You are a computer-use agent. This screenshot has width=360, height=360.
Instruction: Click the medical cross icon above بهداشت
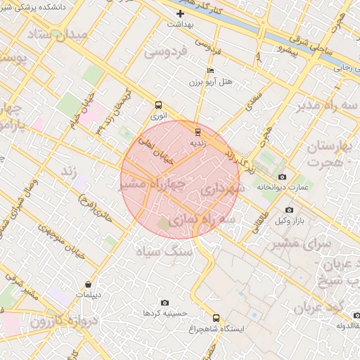coord(181,13)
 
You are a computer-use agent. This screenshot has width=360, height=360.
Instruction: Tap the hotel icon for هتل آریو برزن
coord(210,71)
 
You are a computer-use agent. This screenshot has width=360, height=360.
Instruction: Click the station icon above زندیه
coord(198,131)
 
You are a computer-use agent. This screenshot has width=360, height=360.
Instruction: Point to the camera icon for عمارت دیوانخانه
coord(283,176)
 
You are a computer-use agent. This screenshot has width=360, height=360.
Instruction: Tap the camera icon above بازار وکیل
coord(289,210)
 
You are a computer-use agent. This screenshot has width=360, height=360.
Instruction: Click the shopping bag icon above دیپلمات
coord(87,285)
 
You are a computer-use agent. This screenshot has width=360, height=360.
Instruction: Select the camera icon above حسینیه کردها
coord(165,302)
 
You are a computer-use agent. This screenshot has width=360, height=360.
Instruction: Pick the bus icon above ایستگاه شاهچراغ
coord(216,317)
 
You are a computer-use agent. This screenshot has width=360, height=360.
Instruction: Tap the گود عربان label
coord(317,308)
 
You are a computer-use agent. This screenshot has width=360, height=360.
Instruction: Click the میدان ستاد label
coord(59,34)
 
